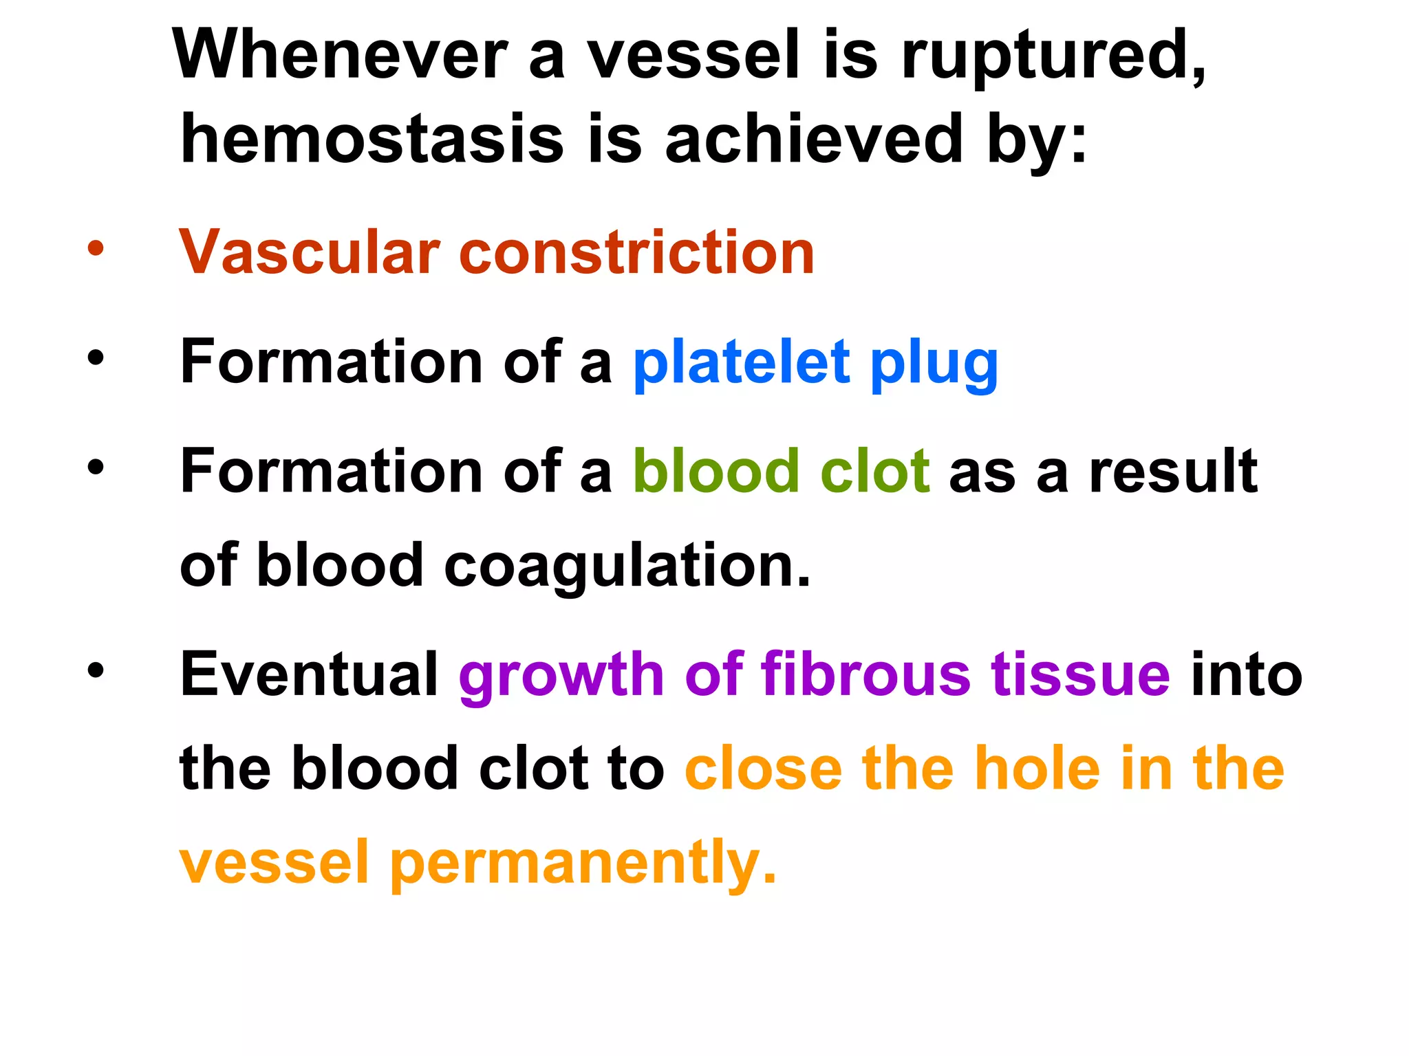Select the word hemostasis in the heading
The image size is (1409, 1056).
pos(372,140)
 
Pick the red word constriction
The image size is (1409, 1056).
pos(636,252)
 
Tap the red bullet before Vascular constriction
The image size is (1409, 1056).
pos(96,249)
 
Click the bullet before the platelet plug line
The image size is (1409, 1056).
pos(96,357)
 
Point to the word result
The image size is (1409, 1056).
pos(1173,472)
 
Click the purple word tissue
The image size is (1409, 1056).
pos(1080,674)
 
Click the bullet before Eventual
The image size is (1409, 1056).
pos(96,670)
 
